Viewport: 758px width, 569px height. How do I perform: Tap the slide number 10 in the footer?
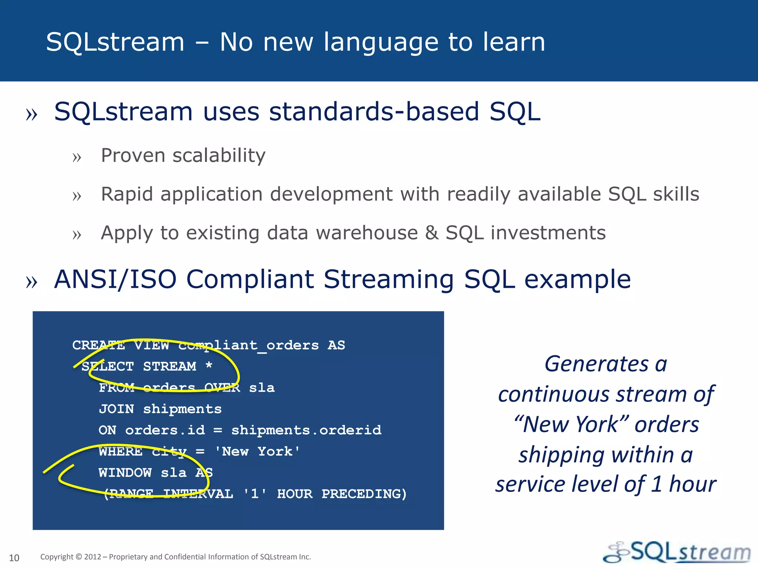click(14, 558)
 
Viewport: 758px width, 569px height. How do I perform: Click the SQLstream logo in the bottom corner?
click(677, 552)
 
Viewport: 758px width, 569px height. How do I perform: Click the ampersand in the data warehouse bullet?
click(432, 233)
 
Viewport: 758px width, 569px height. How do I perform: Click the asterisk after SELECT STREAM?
click(209, 366)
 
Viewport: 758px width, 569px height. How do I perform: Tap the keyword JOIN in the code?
click(116, 409)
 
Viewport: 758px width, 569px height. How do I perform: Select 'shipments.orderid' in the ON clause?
click(306, 430)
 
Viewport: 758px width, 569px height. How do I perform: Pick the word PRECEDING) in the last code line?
click(364, 494)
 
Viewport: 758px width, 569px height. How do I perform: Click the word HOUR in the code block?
click(295, 494)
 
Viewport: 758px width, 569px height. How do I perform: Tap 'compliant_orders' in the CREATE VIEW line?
click(248, 345)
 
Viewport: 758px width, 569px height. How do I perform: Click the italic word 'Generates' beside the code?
click(597, 364)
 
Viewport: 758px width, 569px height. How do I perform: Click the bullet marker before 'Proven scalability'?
click(77, 157)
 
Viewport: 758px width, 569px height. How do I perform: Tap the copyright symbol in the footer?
click(79, 557)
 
